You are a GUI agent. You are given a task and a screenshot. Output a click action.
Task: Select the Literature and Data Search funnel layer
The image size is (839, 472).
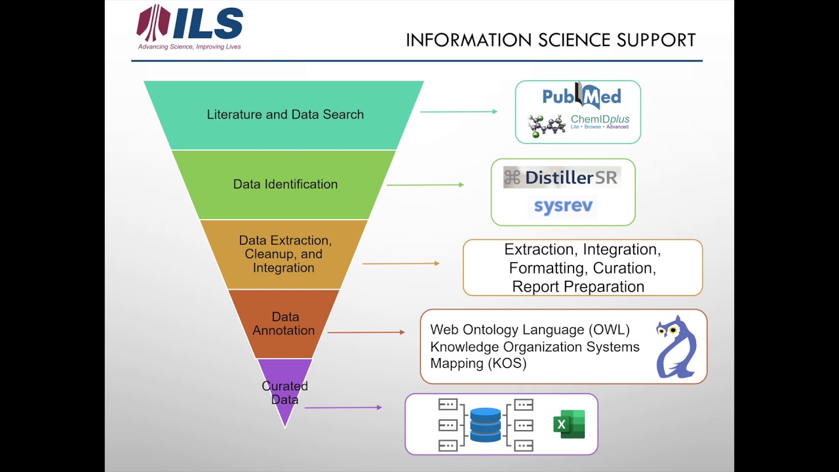coord(284,115)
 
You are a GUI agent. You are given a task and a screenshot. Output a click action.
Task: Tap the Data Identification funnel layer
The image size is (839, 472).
coord(284,184)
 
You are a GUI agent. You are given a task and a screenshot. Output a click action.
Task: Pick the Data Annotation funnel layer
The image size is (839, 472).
coord(284,324)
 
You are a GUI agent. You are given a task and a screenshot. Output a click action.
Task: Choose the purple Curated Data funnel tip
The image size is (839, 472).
coord(284,393)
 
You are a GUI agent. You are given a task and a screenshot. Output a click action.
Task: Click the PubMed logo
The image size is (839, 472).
coord(581,97)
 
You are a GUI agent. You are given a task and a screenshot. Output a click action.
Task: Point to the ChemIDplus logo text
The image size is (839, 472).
coord(600,120)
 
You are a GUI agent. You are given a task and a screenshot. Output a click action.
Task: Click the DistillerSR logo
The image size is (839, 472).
coord(562,177)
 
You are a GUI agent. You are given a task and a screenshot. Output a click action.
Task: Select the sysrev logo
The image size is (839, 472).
coord(563,206)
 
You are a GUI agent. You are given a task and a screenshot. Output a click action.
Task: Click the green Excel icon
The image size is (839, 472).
coord(569,424)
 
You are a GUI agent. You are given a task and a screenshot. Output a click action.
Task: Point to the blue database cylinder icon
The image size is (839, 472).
coord(486,425)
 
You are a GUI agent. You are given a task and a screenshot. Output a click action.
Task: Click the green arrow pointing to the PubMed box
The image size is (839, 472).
coord(459,112)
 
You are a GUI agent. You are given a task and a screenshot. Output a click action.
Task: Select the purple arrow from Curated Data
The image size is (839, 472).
coord(343,408)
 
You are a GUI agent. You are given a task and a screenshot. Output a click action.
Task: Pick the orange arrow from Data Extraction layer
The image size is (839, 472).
coord(400,264)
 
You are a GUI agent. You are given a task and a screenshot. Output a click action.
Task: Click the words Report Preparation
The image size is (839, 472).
coord(578,286)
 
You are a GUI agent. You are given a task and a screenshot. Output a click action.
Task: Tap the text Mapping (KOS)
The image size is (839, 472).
coord(478,363)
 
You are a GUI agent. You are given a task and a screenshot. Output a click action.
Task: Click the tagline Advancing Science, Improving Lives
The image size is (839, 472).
coord(189,47)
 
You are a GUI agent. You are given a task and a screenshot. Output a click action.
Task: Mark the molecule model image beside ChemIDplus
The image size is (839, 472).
coord(546,125)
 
